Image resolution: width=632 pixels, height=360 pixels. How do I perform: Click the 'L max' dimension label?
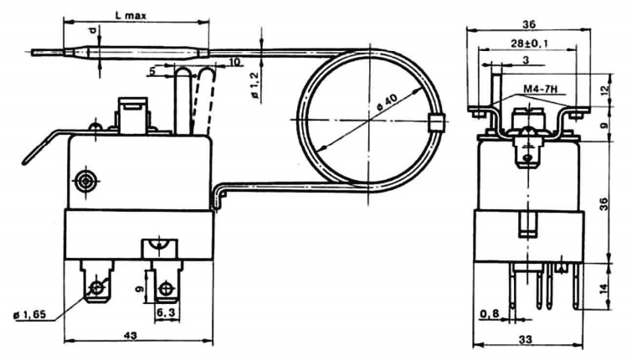click(x=131, y=16)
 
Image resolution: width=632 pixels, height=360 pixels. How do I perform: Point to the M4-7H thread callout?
click(x=540, y=89)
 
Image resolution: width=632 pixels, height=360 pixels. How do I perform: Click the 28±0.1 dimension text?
click(x=529, y=44)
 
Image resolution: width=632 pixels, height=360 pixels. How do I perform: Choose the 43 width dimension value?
click(x=130, y=335)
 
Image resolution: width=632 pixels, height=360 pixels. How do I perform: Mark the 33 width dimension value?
click(x=526, y=339)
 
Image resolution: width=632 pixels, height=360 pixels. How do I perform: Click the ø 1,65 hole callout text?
click(x=30, y=315)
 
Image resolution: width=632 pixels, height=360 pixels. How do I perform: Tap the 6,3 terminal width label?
click(x=165, y=312)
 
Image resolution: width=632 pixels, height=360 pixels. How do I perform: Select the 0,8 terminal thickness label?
click(x=490, y=313)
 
